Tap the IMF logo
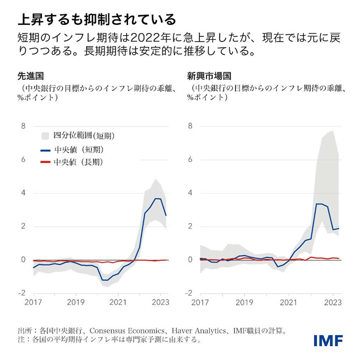[x=328, y=341]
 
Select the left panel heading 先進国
[x=30, y=76]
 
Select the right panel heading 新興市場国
[x=209, y=76]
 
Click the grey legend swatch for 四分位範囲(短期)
[x=45, y=135]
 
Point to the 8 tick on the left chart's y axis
[x=22, y=126]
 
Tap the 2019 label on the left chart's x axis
[x=75, y=302]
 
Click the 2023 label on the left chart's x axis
[x=160, y=302]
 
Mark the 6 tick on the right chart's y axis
[x=190, y=159]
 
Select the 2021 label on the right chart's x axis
[x=288, y=302]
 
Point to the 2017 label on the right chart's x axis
[x=200, y=302]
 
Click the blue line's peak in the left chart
[x=156, y=198]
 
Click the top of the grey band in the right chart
[x=332, y=131]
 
